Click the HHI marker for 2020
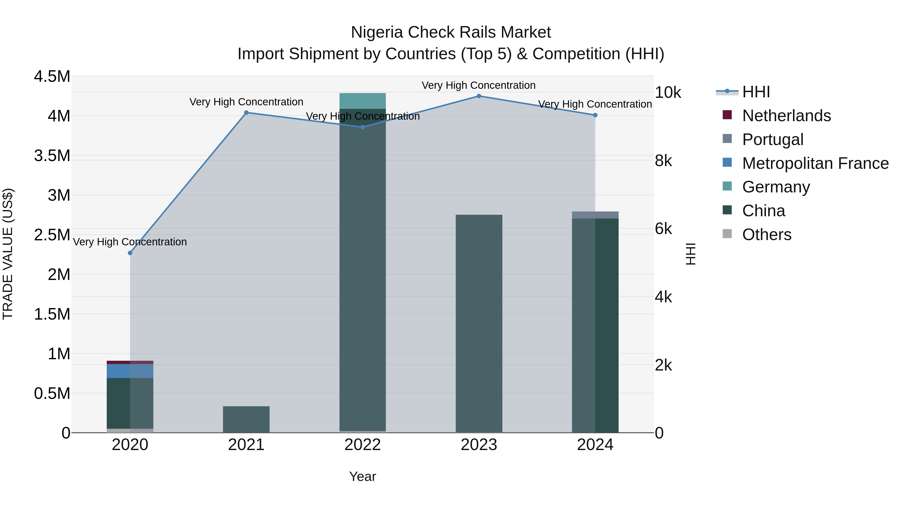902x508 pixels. click(130, 253)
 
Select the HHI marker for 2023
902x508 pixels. click(479, 96)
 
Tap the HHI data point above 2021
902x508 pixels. click(246, 113)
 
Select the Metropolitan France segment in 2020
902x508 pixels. click(130, 371)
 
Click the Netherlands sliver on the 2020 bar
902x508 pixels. click(130, 362)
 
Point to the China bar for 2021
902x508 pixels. click(246, 419)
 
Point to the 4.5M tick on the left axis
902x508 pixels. click(52, 77)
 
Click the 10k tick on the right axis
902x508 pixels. click(668, 93)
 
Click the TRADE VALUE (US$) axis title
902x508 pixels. click(8, 254)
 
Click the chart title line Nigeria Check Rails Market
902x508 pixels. click(451, 32)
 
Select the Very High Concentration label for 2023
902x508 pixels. click(478, 85)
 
